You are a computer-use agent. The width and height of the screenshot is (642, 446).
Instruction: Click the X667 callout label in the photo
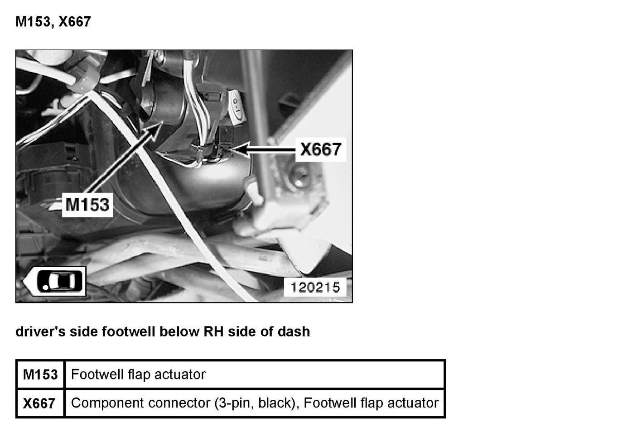[320, 149]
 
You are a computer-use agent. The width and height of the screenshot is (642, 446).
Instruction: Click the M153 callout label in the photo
[87, 204]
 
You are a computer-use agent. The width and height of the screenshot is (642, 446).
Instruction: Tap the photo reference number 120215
[315, 287]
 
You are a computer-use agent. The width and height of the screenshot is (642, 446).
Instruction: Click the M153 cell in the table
[40, 374]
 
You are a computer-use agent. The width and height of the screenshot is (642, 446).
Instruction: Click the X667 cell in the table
[39, 403]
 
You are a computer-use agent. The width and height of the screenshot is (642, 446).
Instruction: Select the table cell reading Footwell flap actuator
[138, 374]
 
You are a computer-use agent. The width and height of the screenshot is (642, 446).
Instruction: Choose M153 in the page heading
[32, 21]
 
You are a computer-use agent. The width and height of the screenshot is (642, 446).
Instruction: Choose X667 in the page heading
[74, 21]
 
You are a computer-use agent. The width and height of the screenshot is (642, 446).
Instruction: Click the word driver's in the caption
[40, 331]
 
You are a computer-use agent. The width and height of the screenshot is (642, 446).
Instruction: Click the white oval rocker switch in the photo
[237, 107]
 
